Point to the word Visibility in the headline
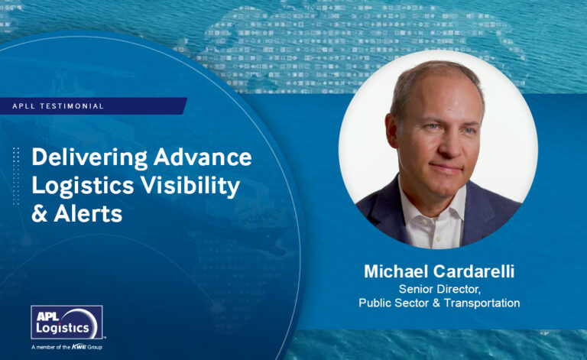pos(194,186)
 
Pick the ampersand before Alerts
pos(39,215)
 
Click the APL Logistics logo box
pos(66,323)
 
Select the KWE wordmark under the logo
pos(79,348)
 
